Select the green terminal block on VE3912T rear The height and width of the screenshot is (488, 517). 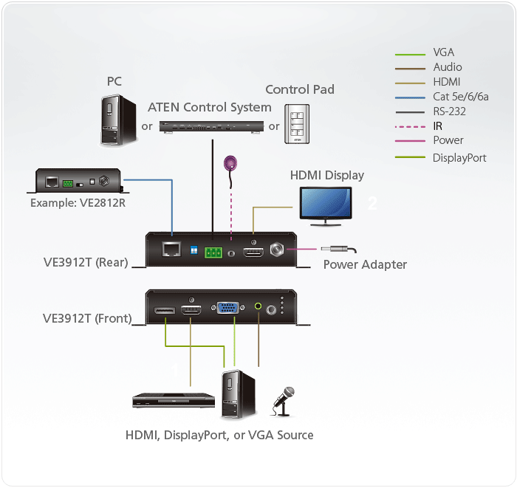tap(214, 252)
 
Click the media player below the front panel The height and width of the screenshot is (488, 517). tap(173, 400)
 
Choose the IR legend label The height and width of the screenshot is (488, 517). tap(438, 126)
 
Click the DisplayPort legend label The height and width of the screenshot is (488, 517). tap(459, 157)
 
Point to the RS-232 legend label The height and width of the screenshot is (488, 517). tap(449, 111)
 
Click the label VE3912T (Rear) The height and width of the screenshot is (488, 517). tap(86, 261)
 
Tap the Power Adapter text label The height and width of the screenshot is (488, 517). tap(365, 264)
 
